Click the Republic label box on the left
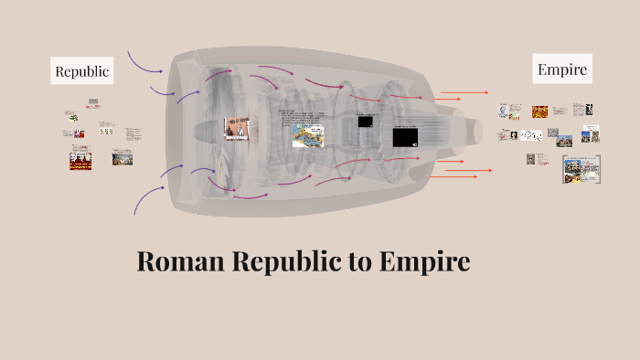82,70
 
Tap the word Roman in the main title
178,261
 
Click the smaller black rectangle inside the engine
365,122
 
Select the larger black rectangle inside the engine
405,138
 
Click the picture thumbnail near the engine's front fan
237,129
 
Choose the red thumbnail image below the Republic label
80,161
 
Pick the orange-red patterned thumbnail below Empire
539,111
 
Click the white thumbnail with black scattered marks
531,135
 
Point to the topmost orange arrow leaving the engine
464,92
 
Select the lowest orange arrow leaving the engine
456,175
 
